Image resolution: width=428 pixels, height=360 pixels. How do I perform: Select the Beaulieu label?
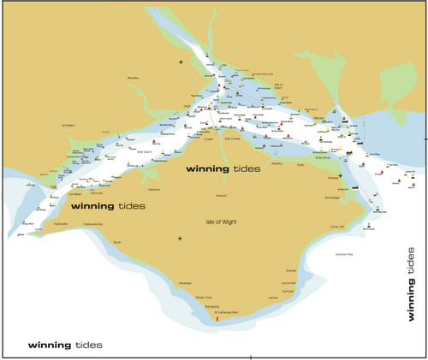coord(133,78)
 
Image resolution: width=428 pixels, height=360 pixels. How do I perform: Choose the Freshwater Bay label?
coord(92,225)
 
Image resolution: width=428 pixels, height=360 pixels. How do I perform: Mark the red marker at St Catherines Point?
coord(217,319)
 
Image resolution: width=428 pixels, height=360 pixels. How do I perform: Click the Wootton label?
coord(276,162)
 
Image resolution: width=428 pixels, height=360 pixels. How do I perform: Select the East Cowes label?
coord(232,137)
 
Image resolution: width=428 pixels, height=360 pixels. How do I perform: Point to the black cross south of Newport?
coord(180,239)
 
